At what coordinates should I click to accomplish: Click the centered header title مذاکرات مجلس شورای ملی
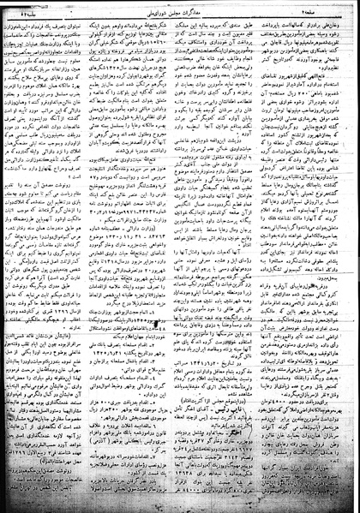coord(180,9)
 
